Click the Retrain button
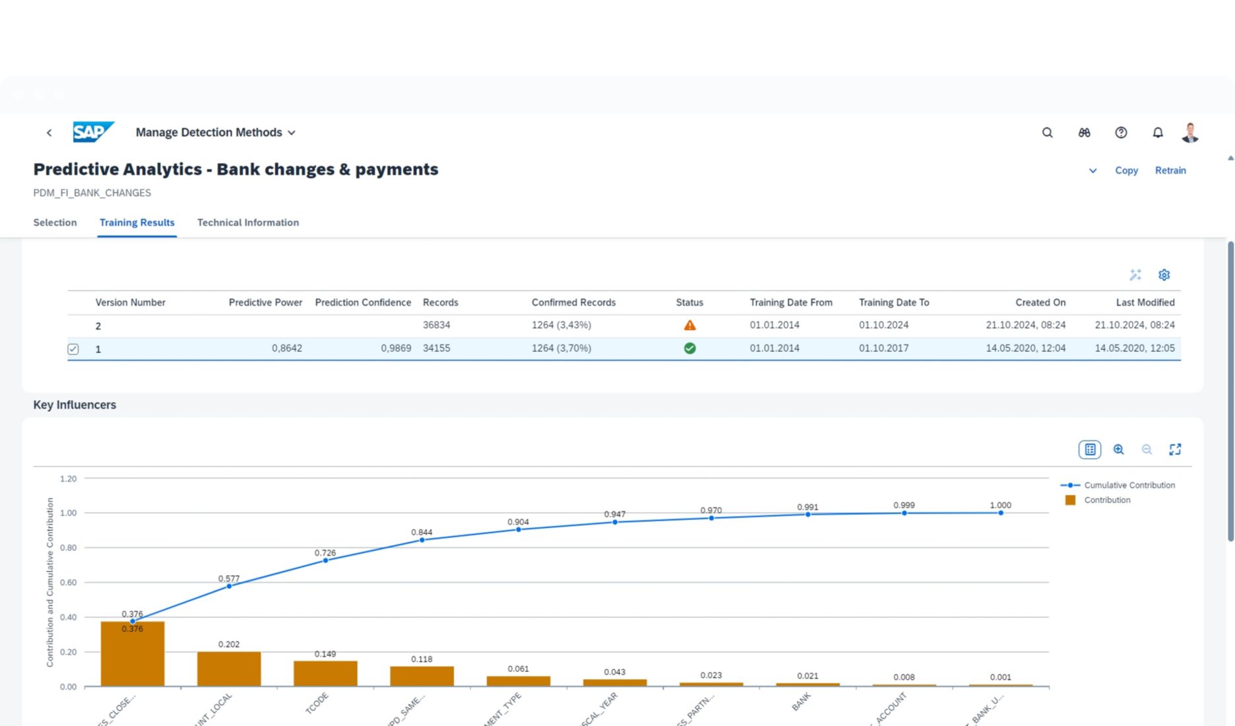click(x=1170, y=170)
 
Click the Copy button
click(x=1126, y=170)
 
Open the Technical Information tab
click(x=247, y=222)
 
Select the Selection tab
click(x=55, y=222)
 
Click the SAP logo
click(x=93, y=132)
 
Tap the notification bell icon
click(x=1157, y=133)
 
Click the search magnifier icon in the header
click(x=1047, y=133)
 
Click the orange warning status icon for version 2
click(x=689, y=325)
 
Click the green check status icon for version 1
click(x=689, y=348)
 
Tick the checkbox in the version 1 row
click(x=73, y=349)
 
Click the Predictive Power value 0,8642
click(x=286, y=348)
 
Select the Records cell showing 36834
click(x=436, y=325)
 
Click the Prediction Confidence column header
click(x=362, y=302)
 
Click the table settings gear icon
click(x=1164, y=275)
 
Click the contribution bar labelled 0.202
click(x=229, y=669)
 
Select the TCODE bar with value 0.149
click(x=325, y=673)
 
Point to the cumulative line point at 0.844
click(x=422, y=540)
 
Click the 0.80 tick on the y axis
click(x=68, y=548)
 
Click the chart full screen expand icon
click(x=1175, y=449)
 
